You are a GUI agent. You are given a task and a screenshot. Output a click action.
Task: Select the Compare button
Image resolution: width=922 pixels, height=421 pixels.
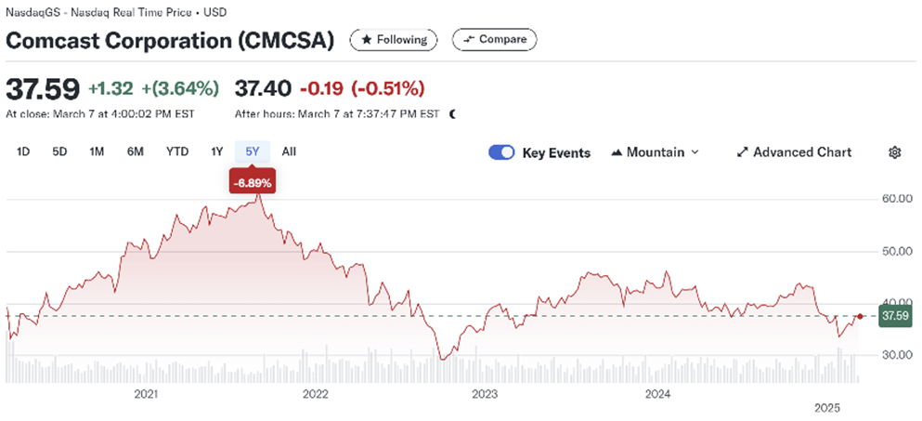(494, 40)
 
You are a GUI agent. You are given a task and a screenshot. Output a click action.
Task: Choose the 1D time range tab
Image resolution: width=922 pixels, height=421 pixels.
(23, 151)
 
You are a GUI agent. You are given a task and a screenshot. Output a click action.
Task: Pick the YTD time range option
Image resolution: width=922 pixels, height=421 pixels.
(177, 151)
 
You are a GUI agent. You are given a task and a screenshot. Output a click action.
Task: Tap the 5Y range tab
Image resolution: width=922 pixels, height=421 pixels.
(253, 151)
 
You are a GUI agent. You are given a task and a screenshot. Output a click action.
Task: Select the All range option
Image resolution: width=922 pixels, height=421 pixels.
(289, 151)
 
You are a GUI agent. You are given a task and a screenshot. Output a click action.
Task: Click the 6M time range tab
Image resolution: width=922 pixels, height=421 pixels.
(136, 151)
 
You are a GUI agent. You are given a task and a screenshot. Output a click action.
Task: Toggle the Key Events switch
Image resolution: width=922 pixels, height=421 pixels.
(501, 152)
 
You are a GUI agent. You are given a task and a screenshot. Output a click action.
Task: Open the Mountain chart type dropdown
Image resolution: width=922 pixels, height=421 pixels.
(655, 152)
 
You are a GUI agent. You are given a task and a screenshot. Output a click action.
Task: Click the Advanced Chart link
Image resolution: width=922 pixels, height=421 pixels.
(794, 152)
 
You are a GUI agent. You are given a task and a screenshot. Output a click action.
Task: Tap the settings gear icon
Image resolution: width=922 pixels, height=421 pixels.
(894, 152)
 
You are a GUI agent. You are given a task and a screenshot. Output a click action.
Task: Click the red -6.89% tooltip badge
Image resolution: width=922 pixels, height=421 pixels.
(253, 183)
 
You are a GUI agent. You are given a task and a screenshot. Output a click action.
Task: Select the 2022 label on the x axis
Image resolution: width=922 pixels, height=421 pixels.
(316, 394)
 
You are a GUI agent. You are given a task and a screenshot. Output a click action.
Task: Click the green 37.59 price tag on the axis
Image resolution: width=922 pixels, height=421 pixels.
(893, 316)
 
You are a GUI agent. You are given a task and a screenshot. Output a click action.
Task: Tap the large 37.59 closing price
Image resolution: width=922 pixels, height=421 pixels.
(42, 89)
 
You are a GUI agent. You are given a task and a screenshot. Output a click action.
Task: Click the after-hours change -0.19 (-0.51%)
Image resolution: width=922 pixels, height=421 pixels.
(361, 89)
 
